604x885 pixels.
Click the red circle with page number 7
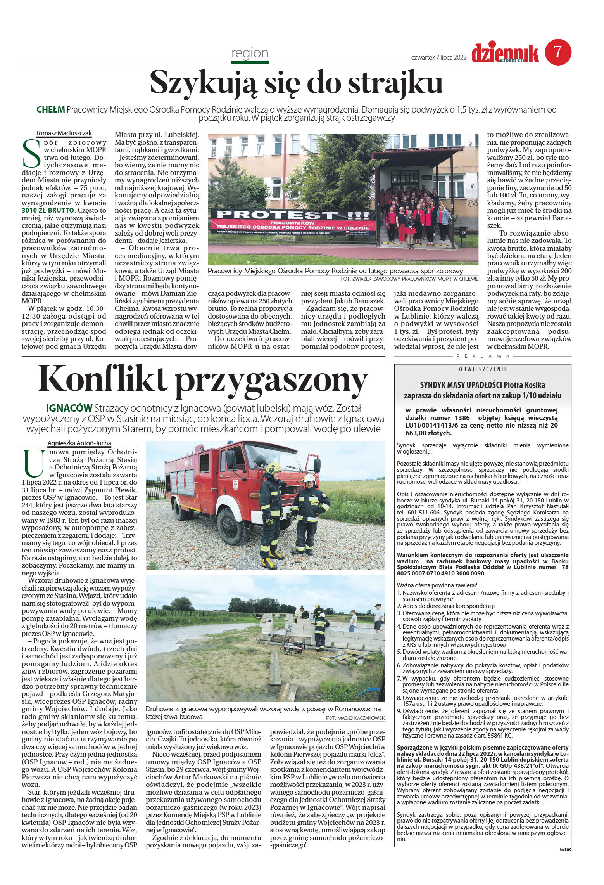558,53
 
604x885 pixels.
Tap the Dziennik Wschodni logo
505,54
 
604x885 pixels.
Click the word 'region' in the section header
250,53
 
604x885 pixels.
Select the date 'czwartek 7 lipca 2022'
438,57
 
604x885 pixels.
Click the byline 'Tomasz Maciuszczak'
64,133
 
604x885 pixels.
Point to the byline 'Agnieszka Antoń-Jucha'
79,443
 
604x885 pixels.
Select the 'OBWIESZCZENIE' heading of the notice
482,369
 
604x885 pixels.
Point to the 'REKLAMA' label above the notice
482,356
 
